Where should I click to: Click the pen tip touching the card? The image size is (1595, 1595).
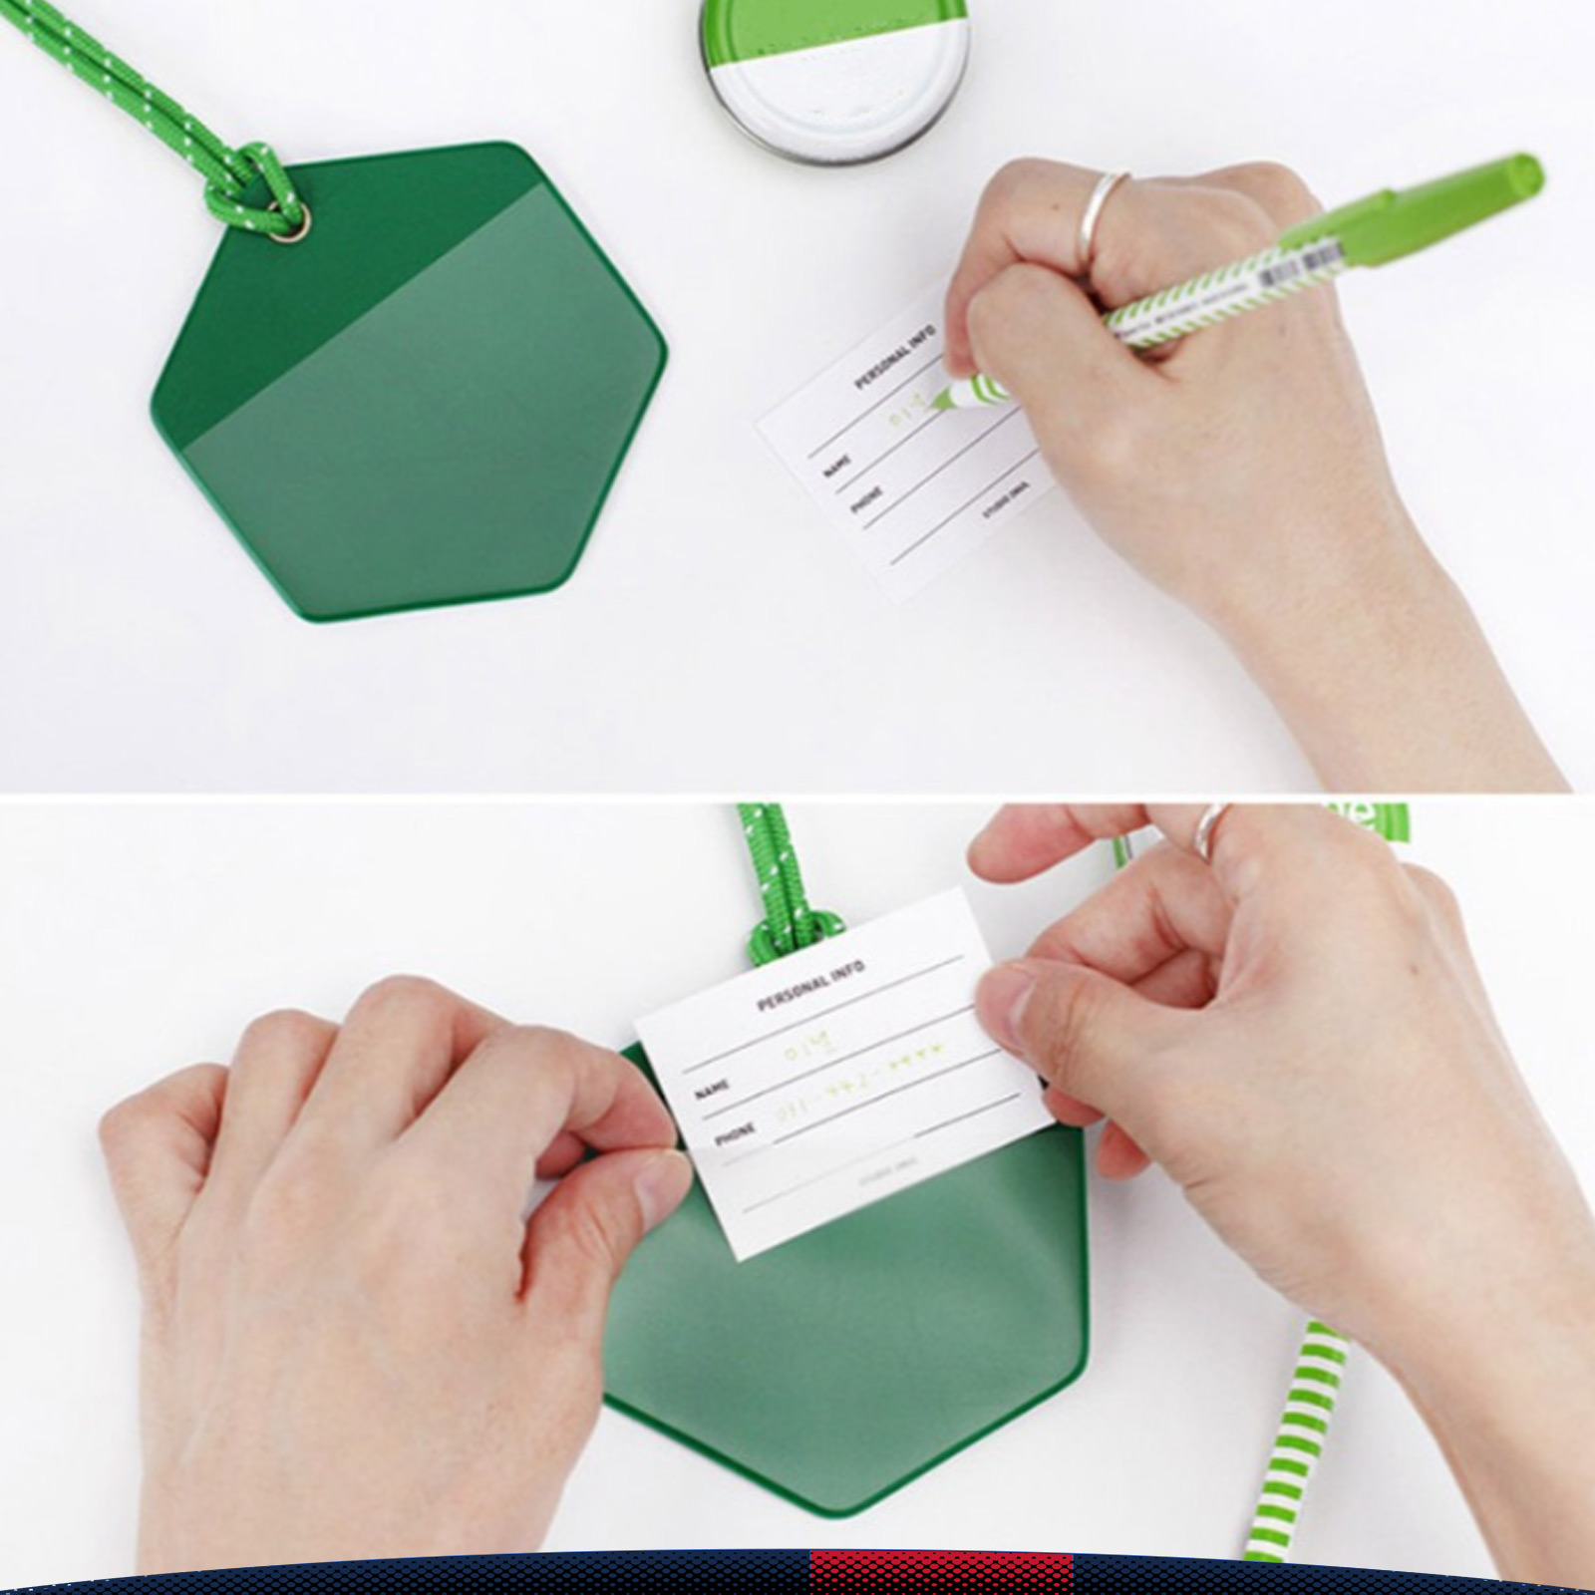[939, 402]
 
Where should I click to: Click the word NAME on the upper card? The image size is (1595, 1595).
[837, 466]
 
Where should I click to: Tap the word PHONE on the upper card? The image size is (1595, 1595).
[866, 499]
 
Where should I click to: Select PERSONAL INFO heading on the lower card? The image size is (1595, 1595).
[810, 986]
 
